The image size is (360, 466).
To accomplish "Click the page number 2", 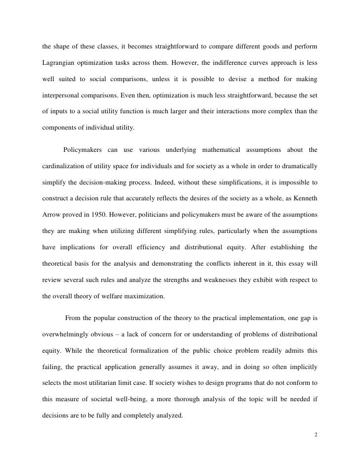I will point(315,435).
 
